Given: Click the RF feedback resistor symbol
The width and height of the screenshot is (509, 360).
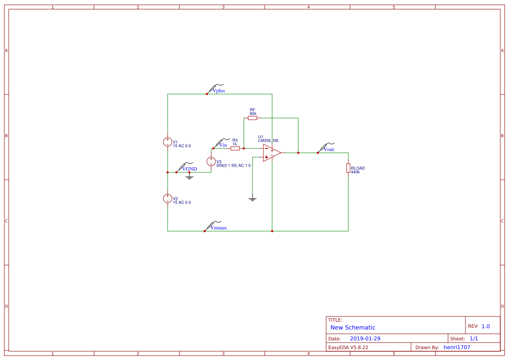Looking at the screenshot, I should click(253, 118).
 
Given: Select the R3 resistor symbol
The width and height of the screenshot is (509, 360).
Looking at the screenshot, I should click(235, 148).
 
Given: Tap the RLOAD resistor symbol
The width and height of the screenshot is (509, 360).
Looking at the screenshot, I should click(348, 168).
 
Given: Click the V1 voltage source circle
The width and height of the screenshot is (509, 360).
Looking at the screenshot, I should click(168, 142).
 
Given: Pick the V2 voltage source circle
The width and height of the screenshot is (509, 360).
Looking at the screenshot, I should click(168, 199).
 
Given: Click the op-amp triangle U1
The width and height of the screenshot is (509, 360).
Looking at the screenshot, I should click(271, 153).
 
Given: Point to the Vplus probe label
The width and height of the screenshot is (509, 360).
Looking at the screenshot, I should click(218, 91).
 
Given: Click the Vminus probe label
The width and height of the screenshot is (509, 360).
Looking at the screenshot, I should click(219, 228).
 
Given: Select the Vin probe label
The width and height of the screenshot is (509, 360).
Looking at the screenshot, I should click(222, 145).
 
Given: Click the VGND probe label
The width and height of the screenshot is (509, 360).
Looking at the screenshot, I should click(189, 169).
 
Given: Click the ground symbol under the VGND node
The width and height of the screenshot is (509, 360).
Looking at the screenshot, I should click(189, 177).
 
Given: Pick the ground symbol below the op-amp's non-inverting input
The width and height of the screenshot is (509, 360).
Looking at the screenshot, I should click(253, 199).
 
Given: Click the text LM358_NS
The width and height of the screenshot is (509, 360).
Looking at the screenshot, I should click(268, 141).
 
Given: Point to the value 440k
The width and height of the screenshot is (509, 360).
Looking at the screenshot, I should click(355, 172).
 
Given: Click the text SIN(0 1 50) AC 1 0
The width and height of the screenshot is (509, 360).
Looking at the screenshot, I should click(233, 165).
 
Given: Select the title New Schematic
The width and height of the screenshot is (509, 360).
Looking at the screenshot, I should click(353, 327).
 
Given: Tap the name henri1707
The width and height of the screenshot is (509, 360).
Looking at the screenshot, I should click(457, 347).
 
